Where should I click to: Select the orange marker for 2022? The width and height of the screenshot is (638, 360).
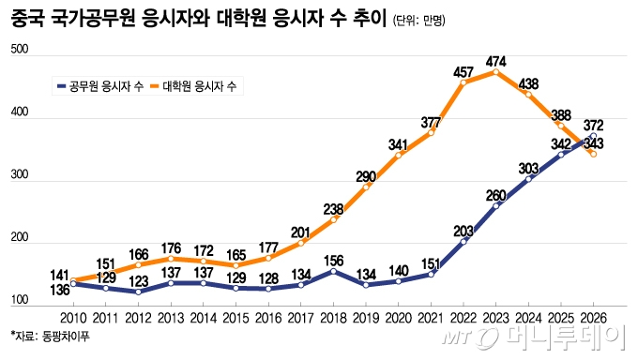(464, 82)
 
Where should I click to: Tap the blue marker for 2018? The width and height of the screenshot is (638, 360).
(332, 272)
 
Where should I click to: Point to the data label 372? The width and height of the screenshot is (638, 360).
(593, 125)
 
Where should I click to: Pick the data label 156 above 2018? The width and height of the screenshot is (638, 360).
(332, 261)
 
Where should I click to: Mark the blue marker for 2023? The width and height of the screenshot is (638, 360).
(497, 205)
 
